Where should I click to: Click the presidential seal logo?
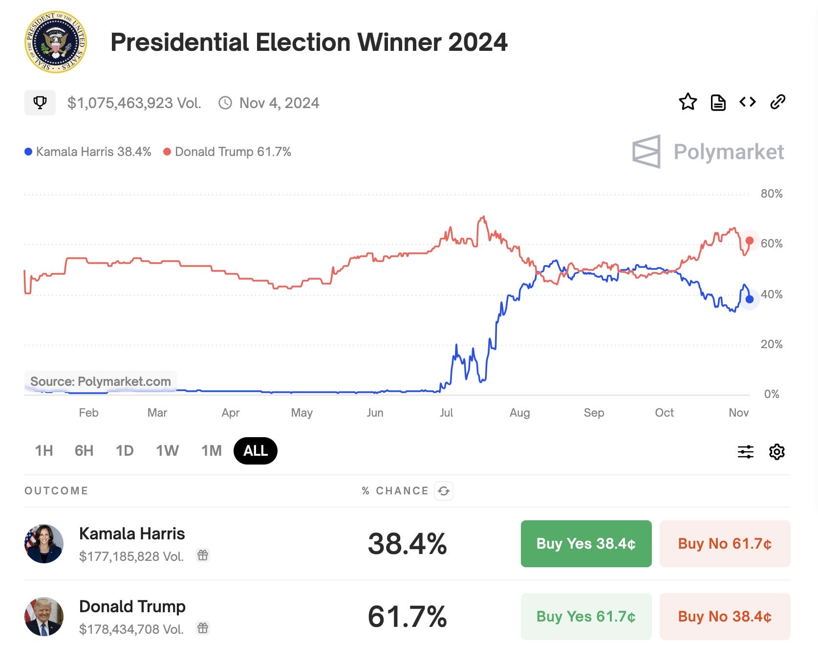coord(56,42)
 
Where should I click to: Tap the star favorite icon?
coord(688,102)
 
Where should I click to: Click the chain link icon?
coord(777,102)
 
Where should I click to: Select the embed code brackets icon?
coord(748,102)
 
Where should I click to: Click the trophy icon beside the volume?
coord(40,103)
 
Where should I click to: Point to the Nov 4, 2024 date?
coord(279,103)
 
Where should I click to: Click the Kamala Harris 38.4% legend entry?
coord(88,152)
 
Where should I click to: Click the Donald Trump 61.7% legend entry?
coord(227,152)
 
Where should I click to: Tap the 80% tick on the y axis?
coord(771,194)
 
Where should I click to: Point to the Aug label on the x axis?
coord(519,413)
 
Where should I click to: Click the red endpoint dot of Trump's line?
coord(749,241)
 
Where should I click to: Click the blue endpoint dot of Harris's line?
coord(749,299)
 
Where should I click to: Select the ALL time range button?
coord(256,450)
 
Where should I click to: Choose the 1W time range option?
coord(167,450)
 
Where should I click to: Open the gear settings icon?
coord(776,451)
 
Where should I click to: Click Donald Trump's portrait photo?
coord(44,617)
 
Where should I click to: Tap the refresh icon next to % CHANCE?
coord(444,491)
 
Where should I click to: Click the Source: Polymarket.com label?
coord(101,381)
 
